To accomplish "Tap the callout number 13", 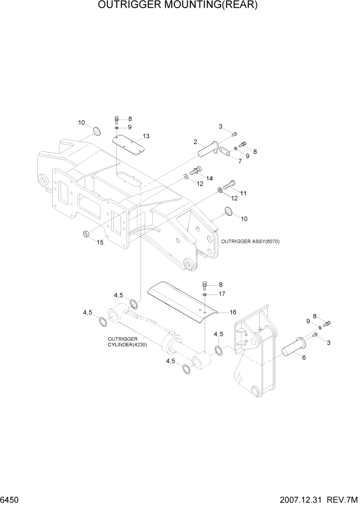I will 146,136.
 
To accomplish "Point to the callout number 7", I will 239,161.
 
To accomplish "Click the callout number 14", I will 209,178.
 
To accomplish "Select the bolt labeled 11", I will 229,185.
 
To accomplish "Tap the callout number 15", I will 100,242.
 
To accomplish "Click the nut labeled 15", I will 86,235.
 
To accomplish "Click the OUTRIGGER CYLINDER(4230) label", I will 127,342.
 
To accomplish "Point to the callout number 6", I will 304,357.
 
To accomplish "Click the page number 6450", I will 11,499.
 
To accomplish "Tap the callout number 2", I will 195,142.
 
